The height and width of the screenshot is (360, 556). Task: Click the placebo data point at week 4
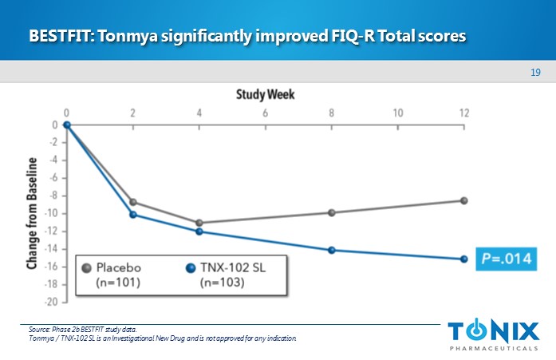tap(199, 223)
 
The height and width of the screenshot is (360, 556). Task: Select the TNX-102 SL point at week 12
tap(463, 259)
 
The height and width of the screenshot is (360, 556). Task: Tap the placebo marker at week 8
tap(331, 212)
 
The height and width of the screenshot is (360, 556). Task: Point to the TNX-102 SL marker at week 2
tap(132, 214)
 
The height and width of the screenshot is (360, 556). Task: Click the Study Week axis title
tap(265, 95)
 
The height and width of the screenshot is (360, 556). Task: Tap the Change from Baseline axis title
tap(33, 214)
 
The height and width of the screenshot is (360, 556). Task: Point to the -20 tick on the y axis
tap(52, 303)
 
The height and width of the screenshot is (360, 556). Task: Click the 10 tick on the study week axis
tap(397, 112)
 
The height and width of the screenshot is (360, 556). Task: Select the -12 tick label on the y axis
tap(52, 231)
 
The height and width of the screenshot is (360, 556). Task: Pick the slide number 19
tap(535, 73)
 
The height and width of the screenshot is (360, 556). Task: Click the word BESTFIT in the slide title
tap(59, 37)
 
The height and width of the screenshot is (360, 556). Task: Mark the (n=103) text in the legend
tap(223, 282)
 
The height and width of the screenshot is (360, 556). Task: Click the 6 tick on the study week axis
tap(265, 112)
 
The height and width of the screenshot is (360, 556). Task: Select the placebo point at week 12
tap(463, 200)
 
